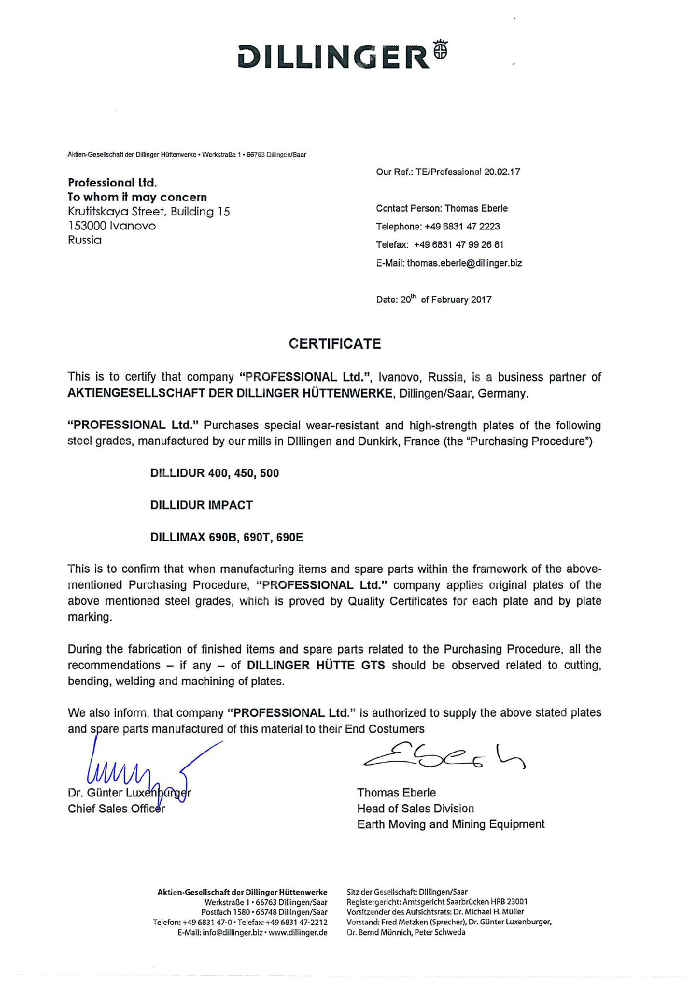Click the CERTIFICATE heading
[x=335, y=344]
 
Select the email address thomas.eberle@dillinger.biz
[x=464, y=263]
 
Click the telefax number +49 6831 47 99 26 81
[x=459, y=245]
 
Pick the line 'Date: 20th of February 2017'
[x=434, y=299]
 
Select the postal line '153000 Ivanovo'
[x=112, y=226]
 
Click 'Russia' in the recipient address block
[x=85, y=240]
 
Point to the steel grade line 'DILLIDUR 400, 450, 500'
[x=214, y=473]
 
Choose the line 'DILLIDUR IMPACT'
[x=202, y=505]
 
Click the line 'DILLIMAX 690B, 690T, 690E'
[x=227, y=537]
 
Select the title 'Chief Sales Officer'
[x=116, y=809]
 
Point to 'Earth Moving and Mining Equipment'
[x=451, y=825]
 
